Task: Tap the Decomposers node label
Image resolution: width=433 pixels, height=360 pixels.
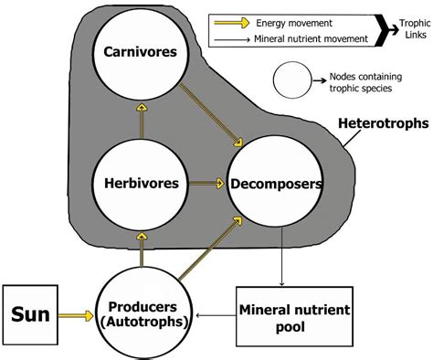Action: (x=277, y=183)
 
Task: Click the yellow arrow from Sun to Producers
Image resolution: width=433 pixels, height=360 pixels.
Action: (x=78, y=315)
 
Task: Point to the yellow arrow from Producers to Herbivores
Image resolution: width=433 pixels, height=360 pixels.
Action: (x=141, y=249)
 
